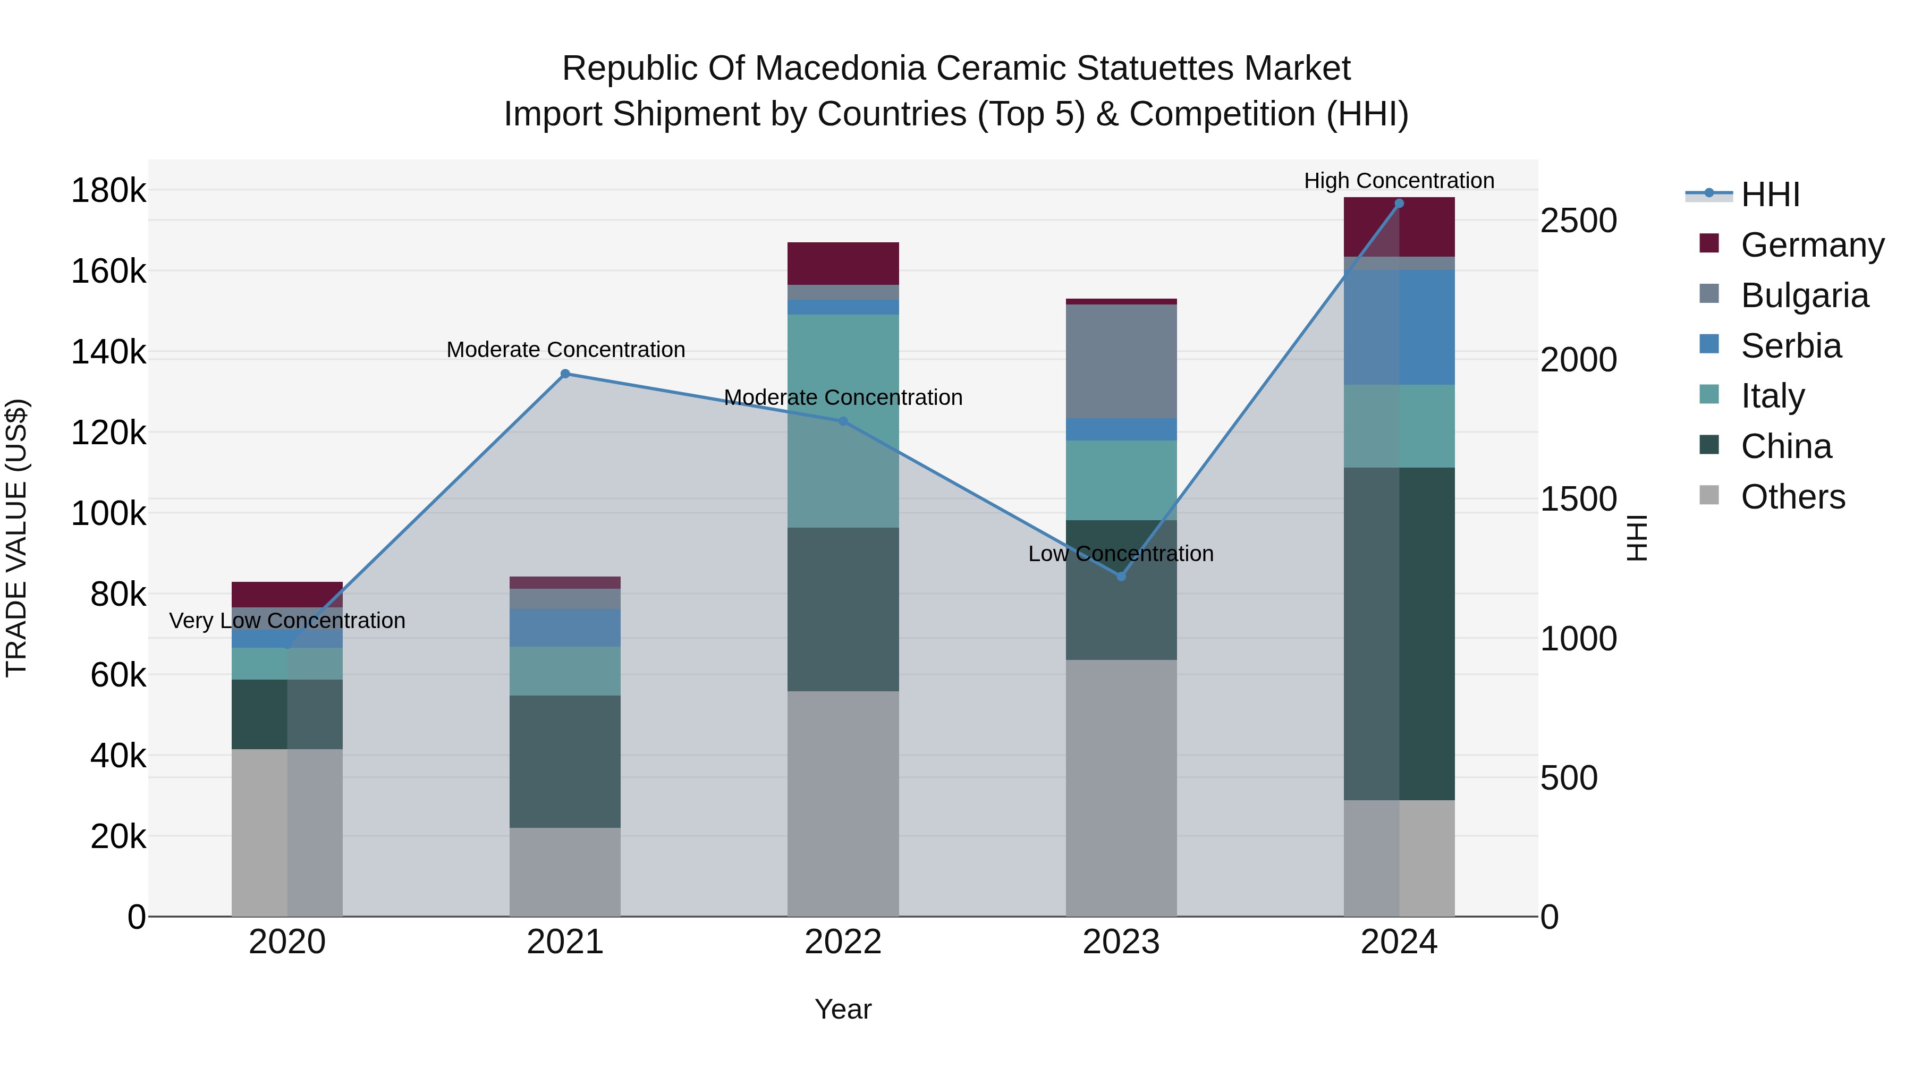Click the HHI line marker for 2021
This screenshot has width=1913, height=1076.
565,374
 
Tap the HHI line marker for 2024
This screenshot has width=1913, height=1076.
1399,203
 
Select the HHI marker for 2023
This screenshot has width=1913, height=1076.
1121,576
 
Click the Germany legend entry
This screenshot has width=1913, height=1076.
1812,245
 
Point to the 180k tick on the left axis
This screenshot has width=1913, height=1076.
108,191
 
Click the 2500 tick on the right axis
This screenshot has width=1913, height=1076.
1579,221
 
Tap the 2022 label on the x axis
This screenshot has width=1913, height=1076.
843,942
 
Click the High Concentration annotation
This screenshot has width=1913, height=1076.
1399,181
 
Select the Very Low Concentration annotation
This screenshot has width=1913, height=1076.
287,620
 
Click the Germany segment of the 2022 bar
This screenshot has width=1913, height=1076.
843,263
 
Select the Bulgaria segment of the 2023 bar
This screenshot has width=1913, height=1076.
1121,361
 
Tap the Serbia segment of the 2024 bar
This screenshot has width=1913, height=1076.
1399,327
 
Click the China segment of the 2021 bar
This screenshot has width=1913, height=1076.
565,761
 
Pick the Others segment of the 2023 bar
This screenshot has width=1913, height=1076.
1121,787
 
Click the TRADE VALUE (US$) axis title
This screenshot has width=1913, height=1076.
16,538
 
